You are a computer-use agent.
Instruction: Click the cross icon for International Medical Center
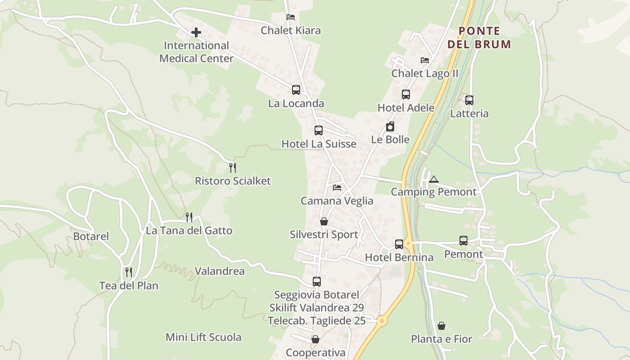(196, 32)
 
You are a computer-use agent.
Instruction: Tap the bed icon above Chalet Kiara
(291, 17)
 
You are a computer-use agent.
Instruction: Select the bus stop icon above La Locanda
(296, 90)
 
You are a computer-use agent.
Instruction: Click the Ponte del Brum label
(480, 37)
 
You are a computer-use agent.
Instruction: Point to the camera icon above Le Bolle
(390, 127)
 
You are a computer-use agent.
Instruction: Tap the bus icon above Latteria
(469, 100)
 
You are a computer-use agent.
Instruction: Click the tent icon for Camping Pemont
(433, 179)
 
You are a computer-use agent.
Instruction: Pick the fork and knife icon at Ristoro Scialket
(233, 168)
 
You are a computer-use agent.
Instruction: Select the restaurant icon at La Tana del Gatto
(189, 217)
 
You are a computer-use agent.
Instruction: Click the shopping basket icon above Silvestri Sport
(324, 221)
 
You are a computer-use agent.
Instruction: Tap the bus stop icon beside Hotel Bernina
(399, 244)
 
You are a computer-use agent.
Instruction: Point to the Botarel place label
(91, 236)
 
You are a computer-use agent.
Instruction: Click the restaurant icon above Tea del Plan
(129, 272)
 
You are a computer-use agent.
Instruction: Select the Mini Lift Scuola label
(203, 337)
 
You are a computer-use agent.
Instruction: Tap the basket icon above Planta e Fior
(441, 326)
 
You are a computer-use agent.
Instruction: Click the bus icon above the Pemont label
(463, 241)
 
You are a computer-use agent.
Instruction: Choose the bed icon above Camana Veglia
(337, 188)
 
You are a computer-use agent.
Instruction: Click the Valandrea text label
(220, 271)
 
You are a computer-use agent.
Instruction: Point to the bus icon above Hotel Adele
(406, 94)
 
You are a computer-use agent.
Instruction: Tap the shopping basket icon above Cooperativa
(315, 339)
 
